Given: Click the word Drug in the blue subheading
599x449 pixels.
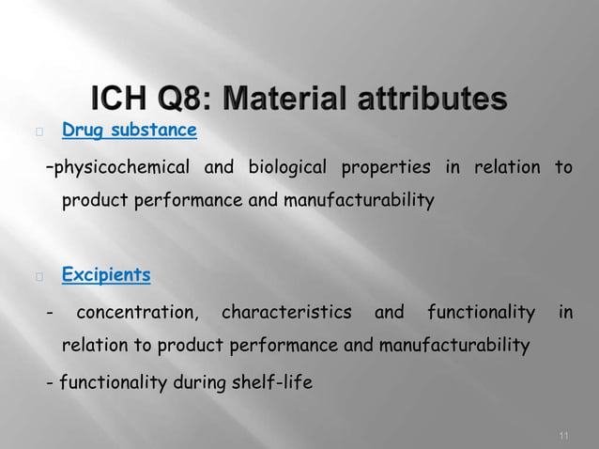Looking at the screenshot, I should [x=83, y=130].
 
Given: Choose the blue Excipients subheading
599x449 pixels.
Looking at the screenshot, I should [x=106, y=275].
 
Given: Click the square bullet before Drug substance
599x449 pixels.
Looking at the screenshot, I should [x=38, y=132].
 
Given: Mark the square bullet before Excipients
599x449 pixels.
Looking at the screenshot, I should [x=38, y=277].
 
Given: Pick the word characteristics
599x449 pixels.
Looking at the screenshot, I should [x=286, y=312].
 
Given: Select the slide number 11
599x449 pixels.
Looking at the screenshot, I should [x=563, y=435].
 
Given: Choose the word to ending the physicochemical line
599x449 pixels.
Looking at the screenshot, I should [x=563, y=168].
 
